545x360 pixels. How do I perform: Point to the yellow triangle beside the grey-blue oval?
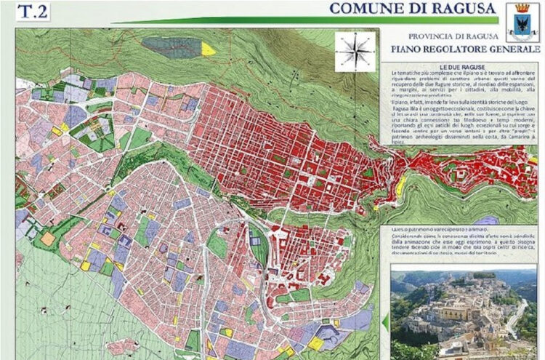pos(209,49)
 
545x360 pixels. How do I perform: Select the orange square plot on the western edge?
pos(47,238)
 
